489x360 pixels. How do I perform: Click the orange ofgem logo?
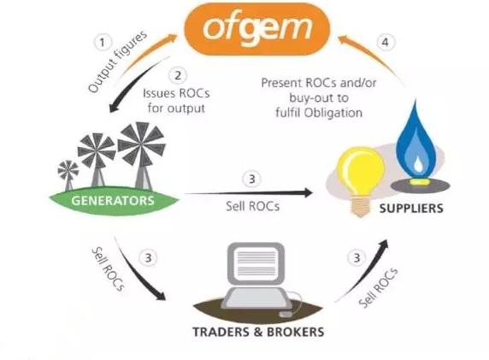click(x=257, y=29)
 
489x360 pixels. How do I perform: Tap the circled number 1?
click(x=103, y=42)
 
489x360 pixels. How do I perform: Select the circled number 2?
click(x=178, y=75)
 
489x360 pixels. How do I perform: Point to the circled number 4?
click(x=386, y=42)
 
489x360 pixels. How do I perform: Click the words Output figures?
click(x=117, y=62)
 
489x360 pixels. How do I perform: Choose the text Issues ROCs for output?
click(x=176, y=101)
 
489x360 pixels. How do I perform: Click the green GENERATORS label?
click(x=113, y=200)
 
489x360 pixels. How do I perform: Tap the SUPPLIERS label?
click(x=411, y=209)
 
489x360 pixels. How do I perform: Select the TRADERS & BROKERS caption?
click(x=258, y=332)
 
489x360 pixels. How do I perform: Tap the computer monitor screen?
click(x=256, y=263)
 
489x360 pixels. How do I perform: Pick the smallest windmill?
click(x=68, y=174)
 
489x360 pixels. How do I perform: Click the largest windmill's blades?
click(x=141, y=145)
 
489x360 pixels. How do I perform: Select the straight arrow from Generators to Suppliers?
click(x=249, y=193)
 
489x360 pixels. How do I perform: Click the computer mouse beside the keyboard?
click(x=286, y=314)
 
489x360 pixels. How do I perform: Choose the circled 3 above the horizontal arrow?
click(x=252, y=179)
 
